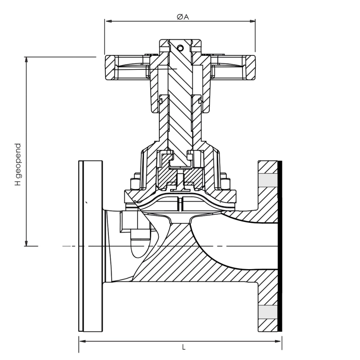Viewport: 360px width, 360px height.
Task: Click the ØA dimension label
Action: coord(182,17)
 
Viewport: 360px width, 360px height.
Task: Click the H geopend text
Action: coord(18,165)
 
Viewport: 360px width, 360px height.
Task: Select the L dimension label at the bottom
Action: coord(184,347)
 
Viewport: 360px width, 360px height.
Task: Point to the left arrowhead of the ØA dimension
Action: coord(108,21)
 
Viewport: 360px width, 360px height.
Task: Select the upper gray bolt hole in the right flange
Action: coord(267,180)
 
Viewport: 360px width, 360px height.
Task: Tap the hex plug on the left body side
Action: coord(130,221)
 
